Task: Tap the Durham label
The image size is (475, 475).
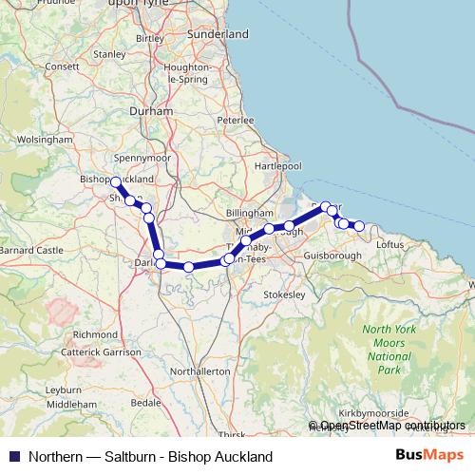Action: tap(156, 111)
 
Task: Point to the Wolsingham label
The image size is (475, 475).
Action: tap(45, 139)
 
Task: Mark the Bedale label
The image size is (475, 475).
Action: tap(146, 402)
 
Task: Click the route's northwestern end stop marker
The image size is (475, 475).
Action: tap(116, 181)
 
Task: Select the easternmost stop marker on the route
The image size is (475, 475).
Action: tap(359, 226)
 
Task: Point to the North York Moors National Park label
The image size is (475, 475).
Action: tap(384, 350)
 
